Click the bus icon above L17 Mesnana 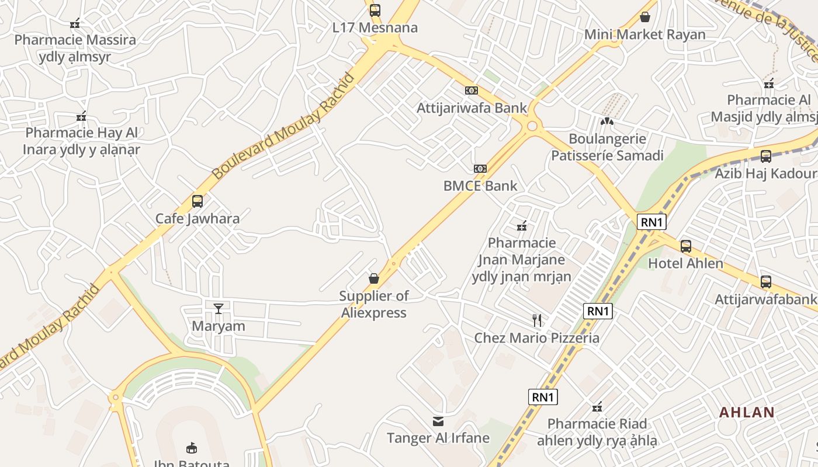tap(375, 10)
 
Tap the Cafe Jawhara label tap(197, 219)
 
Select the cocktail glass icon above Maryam tap(219, 308)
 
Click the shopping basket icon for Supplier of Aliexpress tap(374, 278)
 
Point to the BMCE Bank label tap(480, 186)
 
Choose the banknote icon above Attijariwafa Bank tap(472, 90)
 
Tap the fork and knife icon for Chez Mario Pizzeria tap(537, 320)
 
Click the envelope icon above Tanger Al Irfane tap(438, 421)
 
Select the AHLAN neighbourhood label tap(747, 412)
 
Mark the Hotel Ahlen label tap(685, 263)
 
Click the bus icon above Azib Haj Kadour tap(765, 156)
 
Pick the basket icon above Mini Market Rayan tap(645, 17)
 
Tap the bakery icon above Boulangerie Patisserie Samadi tap(607, 121)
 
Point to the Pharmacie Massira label tap(75, 40)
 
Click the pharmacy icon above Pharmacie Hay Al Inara tap(81, 116)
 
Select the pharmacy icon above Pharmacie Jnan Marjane tap(522, 225)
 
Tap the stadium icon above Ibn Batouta tap(191, 448)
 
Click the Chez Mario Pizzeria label tap(536, 338)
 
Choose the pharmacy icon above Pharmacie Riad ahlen tap(597, 407)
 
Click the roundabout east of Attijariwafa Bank tap(532, 126)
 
